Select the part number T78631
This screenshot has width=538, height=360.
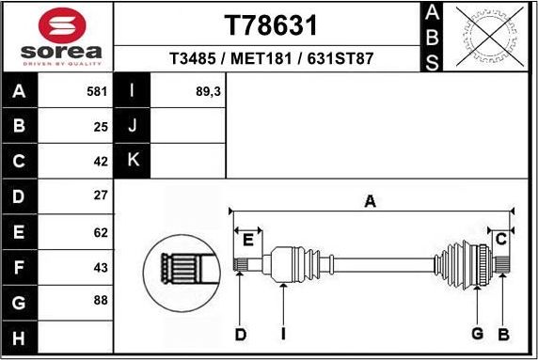[270, 23]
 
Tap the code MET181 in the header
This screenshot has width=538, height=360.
[264, 58]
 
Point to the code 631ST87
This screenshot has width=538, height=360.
[340, 58]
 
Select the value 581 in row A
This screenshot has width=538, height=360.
[97, 92]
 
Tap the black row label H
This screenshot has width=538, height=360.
[21, 336]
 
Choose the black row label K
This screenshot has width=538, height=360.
[133, 160]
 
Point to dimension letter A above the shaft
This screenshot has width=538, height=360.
[371, 201]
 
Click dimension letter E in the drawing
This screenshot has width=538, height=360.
[247, 240]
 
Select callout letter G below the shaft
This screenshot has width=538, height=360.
[477, 334]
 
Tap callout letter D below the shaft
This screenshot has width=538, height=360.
[240, 334]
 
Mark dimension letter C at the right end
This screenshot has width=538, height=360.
[501, 238]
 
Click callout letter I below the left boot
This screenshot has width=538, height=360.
[282, 334]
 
